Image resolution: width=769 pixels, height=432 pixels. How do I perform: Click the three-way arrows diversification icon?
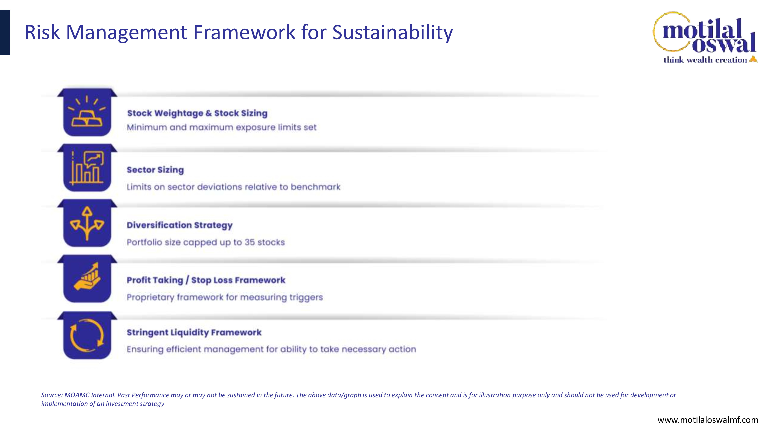point(87,223)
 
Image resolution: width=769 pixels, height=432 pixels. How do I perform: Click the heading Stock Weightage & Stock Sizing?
point(197,113)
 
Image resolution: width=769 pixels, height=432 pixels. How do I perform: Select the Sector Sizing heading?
point(155,170)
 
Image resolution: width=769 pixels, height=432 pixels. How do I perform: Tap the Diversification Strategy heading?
point(179,225)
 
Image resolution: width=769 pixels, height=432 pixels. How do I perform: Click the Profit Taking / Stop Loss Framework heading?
point(206,280)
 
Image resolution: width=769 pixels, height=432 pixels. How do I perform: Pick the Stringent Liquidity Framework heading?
point(194,332)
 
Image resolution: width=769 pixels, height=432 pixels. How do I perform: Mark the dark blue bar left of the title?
point(5,32)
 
